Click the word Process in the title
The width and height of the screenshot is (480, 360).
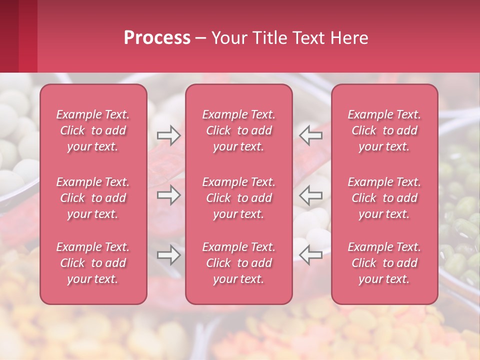[x=157, y=38]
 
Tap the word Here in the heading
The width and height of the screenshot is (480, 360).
[x=348, y=38]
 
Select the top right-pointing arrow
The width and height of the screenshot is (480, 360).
[x=168, y=135]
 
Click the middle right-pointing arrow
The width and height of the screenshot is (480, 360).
[x=168, y=195]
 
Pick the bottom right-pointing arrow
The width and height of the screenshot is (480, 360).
[x=168, y=255]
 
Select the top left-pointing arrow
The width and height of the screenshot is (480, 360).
[x=310, y=135]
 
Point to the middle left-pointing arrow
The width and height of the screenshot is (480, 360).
[x=310, y=195]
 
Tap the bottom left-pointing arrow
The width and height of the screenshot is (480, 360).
[x=310, y=255]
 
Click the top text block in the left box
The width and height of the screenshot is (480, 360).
[x=93, y=130]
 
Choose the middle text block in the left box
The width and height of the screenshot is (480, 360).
[x=93, y=198]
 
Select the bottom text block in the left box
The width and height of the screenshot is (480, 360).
[x=93, y=263]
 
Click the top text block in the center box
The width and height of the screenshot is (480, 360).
[x=239, y=130]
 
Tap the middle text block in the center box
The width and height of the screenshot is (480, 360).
[x=239, y=198]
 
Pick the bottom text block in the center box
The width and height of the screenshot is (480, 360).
[x=239, y=263]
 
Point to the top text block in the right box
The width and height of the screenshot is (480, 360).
[x=384, y=130]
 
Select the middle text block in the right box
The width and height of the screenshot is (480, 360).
[x=384, y=198]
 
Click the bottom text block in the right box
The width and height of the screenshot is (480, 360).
[x=384, y=263]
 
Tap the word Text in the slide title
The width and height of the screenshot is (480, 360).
[x=309, y=38]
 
